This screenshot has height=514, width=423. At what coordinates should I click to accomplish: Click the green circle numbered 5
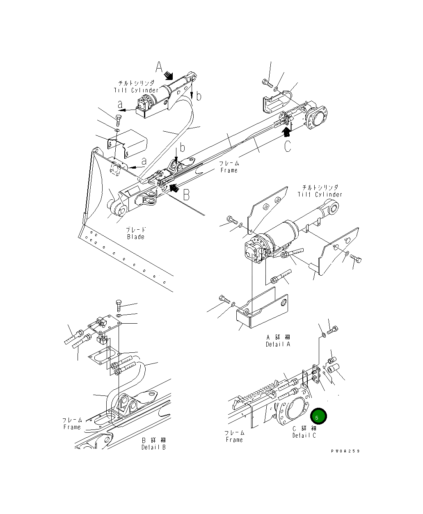pos(318,416)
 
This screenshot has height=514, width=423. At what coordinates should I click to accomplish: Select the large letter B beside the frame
pos(186,194)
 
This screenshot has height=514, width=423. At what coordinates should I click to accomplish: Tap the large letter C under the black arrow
pos(288,146)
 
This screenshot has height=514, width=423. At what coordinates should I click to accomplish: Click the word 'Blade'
pos(136,237)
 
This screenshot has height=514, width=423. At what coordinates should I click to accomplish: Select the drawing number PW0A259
pos(345,451)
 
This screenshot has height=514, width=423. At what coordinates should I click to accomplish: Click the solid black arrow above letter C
pos(287,131)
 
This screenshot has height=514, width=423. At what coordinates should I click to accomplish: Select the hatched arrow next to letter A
pos(169,75)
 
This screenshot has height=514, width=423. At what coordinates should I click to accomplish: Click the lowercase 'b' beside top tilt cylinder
pos(199,96)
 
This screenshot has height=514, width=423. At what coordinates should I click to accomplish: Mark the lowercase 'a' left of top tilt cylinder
pos(120,105)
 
